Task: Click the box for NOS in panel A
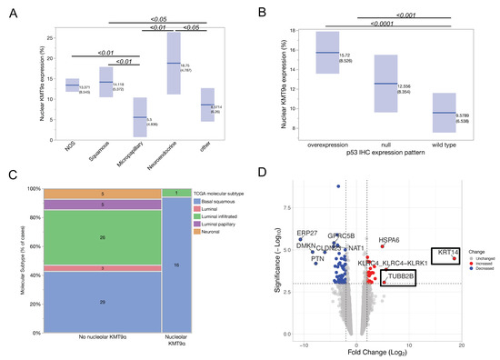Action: click(x=72, y=85)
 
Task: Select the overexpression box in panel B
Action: click(x=326, y=53)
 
